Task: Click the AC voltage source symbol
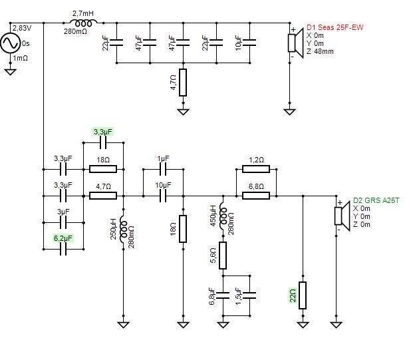pos(10,43)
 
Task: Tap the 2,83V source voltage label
pos(22,28)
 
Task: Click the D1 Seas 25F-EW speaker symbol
pos(296,43)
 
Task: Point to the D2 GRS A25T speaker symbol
pos(342,216)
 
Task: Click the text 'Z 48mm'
pos(320,51)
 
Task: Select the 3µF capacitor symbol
pos(63,223)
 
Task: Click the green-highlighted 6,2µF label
pos(63,238)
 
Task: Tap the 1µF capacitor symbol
pos(163,170)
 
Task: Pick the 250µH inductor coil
pos(123,230)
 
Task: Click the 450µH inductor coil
pos(223,216)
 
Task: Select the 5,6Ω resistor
pos(223,256)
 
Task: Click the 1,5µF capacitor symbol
pos(249,295)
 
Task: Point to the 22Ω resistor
pos(303,295)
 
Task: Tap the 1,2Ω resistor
pos(256,170)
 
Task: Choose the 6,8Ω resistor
pos(256,196)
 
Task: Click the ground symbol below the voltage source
pos(10,72)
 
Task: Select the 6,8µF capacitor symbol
pos(223,295)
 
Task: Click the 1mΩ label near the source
pos(21,58)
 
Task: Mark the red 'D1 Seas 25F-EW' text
pos(335,27)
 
